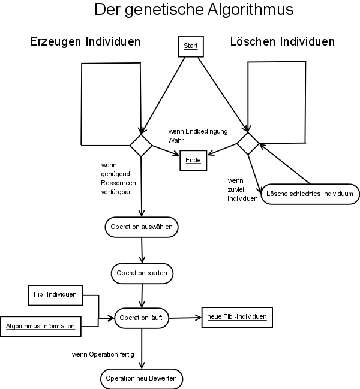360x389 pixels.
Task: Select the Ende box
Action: (x=193, y=161)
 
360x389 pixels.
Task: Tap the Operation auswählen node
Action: (x=142, y=227)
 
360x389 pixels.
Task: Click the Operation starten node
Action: (x=142, y=273)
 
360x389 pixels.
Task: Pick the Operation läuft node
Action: (x=142, y=318)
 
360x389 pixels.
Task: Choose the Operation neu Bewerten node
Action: (x=142, y=379)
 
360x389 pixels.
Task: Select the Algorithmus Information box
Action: (x=40, y=326)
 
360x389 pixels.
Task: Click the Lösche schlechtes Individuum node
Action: (x=310, y=194)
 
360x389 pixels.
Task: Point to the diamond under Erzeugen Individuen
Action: (x=141, y=144)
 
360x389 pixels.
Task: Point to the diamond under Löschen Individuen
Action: (x=247, y=144)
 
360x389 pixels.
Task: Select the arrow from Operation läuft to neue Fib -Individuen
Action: (x=186, y=318)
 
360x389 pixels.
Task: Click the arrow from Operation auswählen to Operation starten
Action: (x=142, y=250)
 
